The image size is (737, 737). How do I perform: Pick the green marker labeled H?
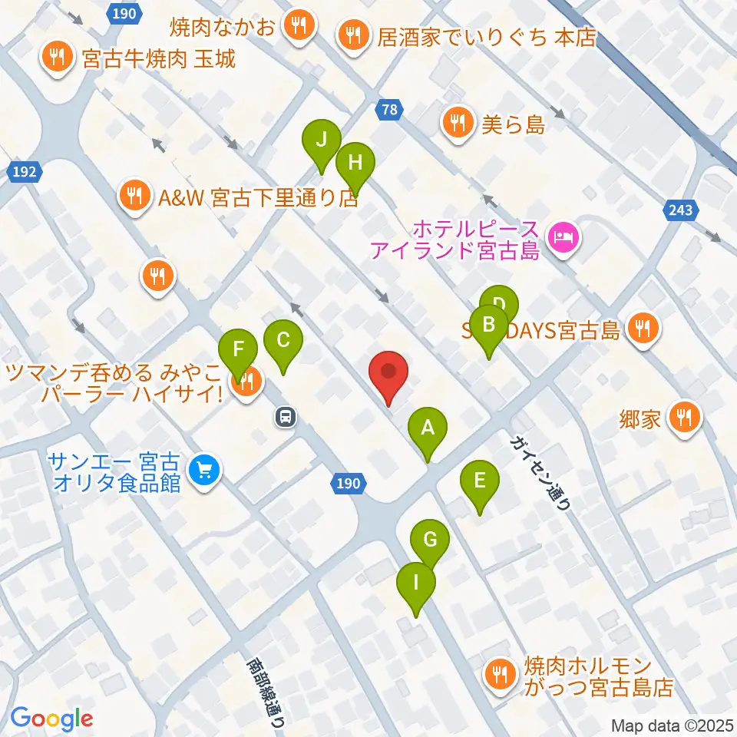[x=355, y=164]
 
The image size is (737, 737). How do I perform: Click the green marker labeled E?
[x=480, y=483]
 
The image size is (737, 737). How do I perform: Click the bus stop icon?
[x=285, y=417]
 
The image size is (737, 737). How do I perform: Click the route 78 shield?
[x=390, y=111]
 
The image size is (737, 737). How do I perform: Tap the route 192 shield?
[x=25, y=173]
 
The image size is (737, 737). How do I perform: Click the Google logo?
[x=51, y=718]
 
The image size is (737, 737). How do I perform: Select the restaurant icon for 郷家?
[x=682, y=418]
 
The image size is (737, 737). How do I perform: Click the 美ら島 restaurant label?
[x=513, y=123]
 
